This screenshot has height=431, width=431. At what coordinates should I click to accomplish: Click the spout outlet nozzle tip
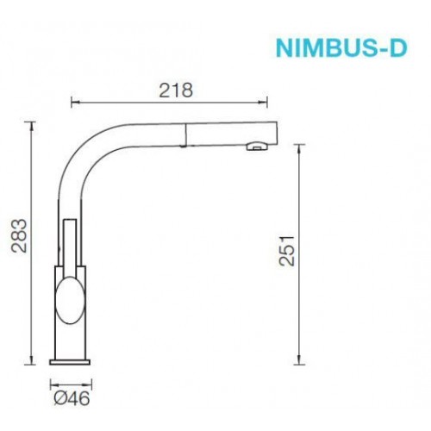point(254,147)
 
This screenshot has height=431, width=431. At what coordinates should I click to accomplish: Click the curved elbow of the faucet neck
point(86,142)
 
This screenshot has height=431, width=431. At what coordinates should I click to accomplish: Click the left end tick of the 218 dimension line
point(71,103)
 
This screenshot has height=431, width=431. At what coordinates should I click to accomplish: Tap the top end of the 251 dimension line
point(299,146)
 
